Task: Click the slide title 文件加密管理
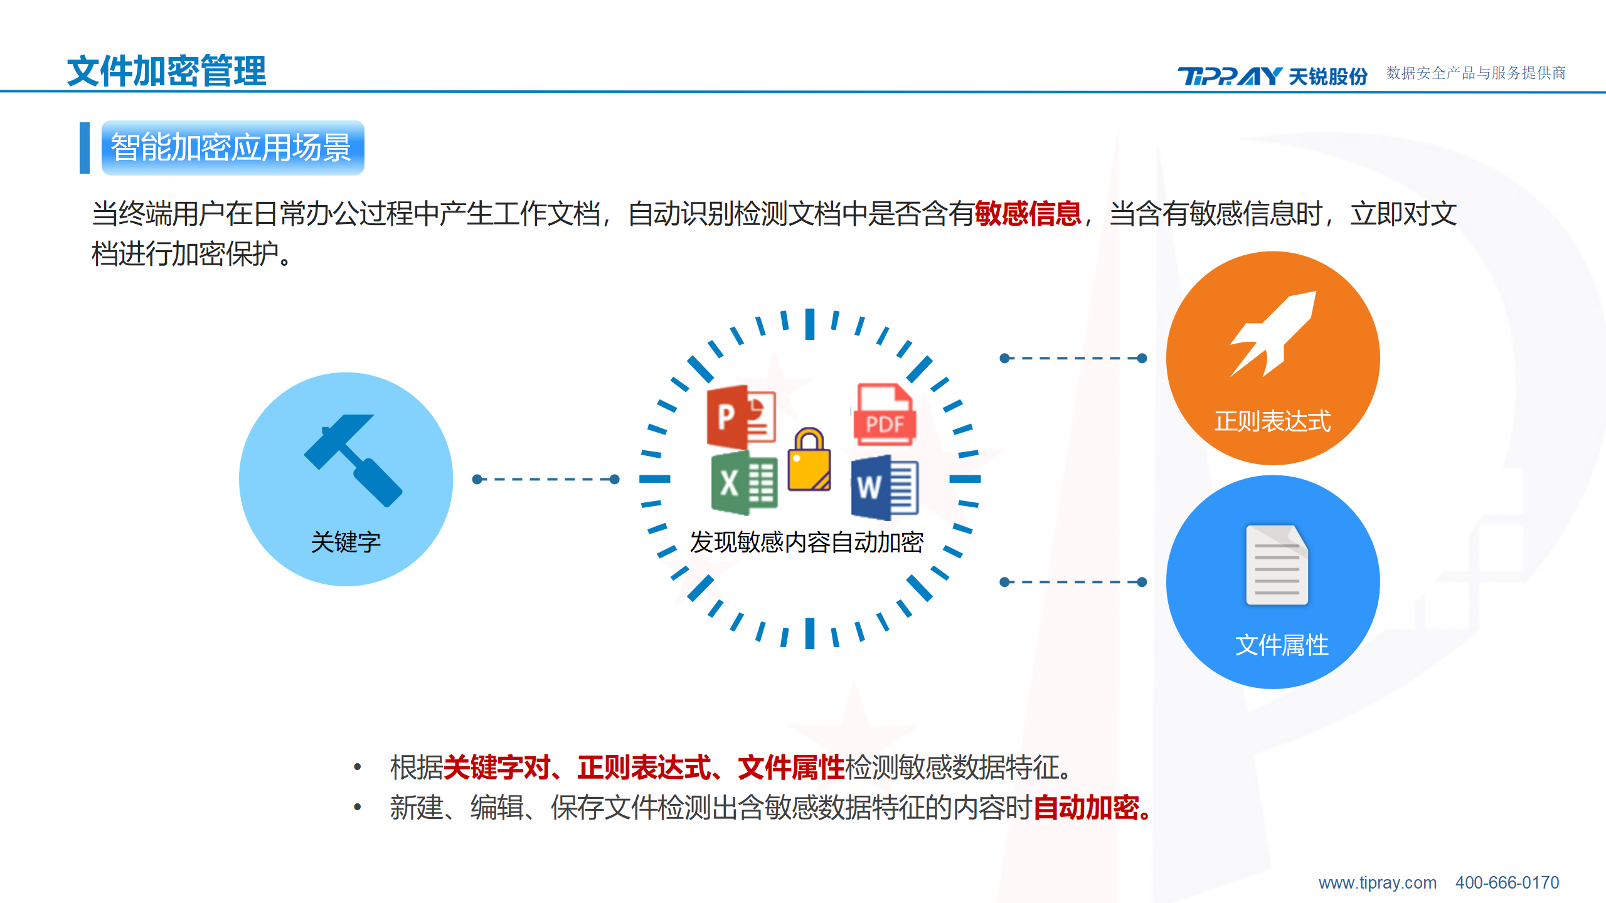tap(167, 71)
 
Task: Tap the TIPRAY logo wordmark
tap(1230, 76)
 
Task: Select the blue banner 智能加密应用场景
tap(233, 148)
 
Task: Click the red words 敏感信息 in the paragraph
tap(1028, 214)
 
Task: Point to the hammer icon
tap(353, 460)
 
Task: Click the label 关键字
tap(346, 542)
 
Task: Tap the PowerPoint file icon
tap(742, 416)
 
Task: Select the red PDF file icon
tap(885, 415)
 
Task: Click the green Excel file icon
tap(744, 484)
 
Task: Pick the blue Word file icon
tap(885, 488)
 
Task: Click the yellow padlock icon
tap(809, 459)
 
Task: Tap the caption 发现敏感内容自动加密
tap(807, 542)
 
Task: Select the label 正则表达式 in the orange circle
tap(1273, 421)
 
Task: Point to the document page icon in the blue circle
tap(1277, 565)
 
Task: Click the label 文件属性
tap(1282, 645)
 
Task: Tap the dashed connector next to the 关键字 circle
tap(546, 480)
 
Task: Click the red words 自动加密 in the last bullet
tap(1086, 808)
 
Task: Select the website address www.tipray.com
tap(1377, 883)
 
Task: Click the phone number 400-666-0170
tap(1507, 883)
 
